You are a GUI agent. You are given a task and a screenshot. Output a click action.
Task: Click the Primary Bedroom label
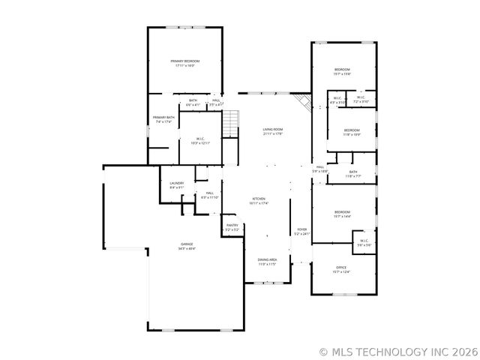(x=184, y=61)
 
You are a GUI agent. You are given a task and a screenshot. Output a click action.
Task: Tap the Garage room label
(x=186, y=244)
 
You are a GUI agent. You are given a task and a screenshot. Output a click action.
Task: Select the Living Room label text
(x=272, y=130)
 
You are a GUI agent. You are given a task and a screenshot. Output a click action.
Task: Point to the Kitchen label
(x=259, y=199)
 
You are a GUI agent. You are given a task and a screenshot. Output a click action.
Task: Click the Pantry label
(x=232, y=225)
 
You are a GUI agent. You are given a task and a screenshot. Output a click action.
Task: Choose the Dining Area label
(x=268, y=259)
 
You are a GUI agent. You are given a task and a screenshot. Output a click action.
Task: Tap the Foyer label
(x=301, y=229)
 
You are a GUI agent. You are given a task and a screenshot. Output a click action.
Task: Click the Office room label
(x=341, y=268)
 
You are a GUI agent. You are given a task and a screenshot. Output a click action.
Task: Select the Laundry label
(x=177, y=183)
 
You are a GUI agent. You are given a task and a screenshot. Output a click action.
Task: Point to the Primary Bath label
(x=163, y=118)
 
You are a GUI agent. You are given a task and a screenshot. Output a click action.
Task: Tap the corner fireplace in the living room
(x=302, y=101)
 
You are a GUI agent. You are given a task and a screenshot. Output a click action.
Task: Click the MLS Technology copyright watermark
(x=397, y=351)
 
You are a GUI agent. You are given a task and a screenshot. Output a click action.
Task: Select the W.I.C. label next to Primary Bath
(x=200, y=139)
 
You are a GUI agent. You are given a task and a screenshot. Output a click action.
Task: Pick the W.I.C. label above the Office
(x=364, y=241)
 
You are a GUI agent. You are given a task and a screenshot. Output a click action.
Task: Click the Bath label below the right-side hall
(x=353, y=172)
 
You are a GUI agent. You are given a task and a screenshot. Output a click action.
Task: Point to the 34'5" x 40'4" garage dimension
(x=186, y=248)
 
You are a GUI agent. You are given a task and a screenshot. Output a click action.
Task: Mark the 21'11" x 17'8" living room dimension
(x=272, y=134)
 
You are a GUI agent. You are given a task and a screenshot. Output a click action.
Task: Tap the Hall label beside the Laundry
(x=209, y=193)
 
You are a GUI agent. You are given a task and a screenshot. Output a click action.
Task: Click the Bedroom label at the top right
(x=342, y=70)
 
